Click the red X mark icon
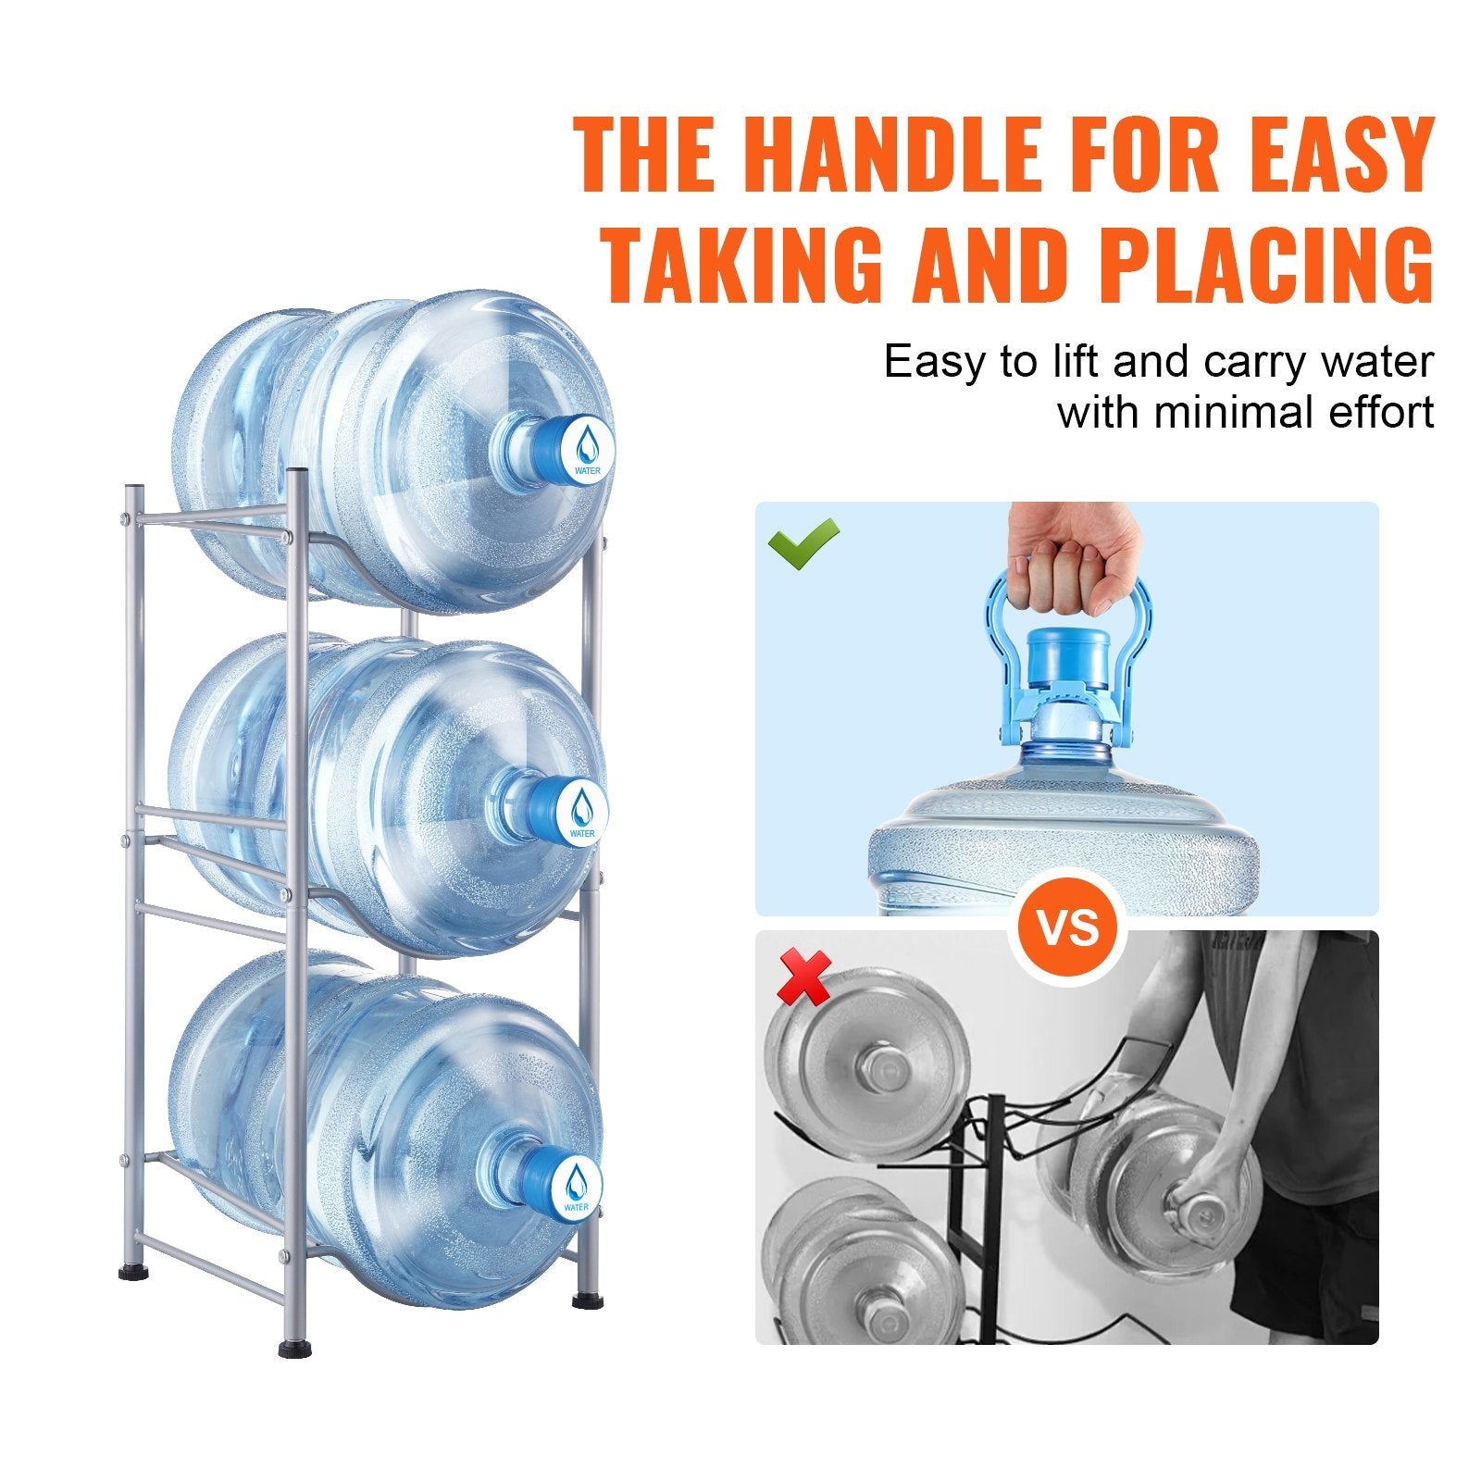pyautogui.click(x=803, y=979)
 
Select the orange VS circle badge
pyautogui.click(x=1066, y=927)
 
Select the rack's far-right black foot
pyautogui.click(x=585, y=1301)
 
